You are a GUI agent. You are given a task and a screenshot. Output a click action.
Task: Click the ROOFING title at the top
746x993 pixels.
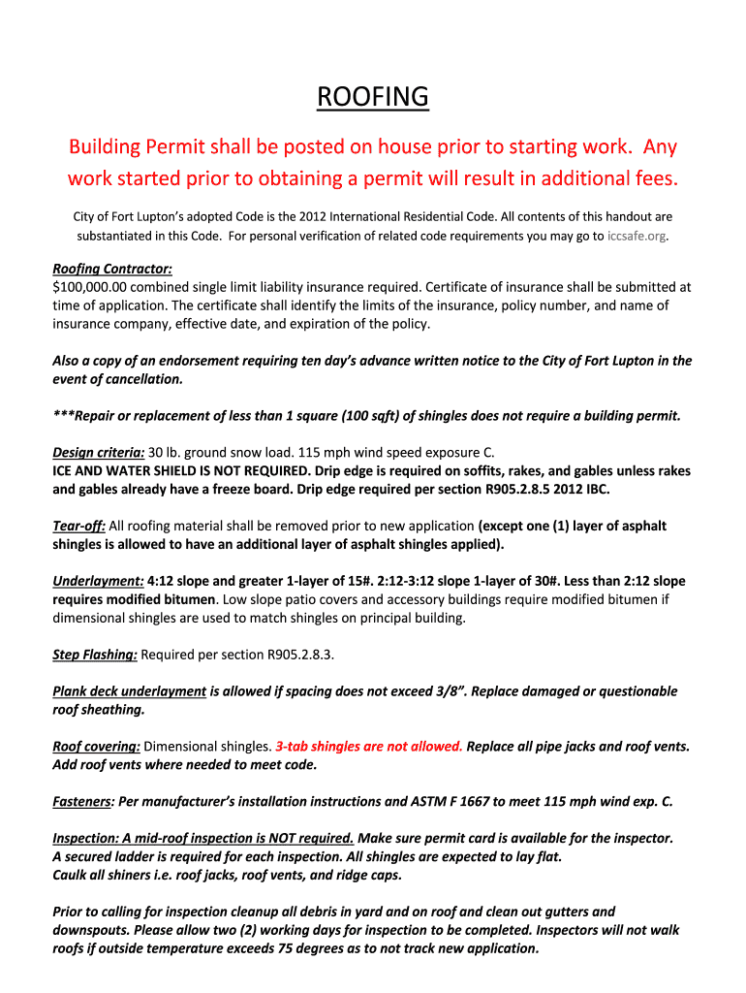coord(373,97)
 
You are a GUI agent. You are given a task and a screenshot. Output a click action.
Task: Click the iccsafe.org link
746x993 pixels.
coord(637,236)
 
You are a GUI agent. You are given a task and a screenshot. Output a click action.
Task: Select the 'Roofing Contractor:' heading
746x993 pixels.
coord(111,269)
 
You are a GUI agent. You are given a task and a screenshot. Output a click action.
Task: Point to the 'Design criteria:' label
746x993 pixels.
coord(98,452)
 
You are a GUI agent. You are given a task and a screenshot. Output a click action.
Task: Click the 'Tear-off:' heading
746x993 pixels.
coord(78,526)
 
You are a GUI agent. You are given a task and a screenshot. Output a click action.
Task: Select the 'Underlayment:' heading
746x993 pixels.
coord(98,581)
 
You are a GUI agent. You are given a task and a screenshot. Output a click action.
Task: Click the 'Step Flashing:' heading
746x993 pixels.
coord(94,655)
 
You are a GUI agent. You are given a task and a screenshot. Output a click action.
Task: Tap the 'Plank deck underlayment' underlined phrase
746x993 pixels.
coord(129,691)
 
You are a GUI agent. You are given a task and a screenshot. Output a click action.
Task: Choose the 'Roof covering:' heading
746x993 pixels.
coord(96,747)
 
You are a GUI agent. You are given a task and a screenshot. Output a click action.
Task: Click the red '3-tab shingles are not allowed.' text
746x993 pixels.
coord(369,747)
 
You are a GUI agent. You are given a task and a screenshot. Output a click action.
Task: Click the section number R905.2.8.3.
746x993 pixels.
coord(299,655)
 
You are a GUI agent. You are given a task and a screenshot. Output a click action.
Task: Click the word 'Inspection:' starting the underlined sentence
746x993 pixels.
coord(85,838)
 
